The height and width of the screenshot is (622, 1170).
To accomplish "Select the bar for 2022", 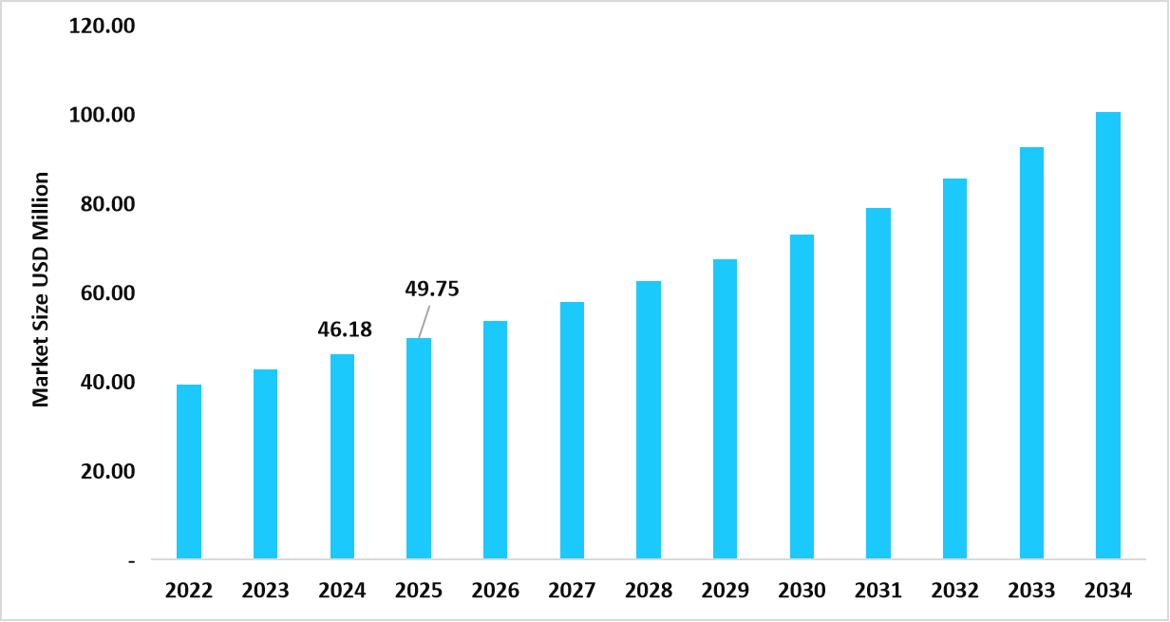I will coord(189,472).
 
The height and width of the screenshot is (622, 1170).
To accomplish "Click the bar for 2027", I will coord(572,430).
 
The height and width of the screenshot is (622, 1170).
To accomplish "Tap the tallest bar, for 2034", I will coord(1107,335).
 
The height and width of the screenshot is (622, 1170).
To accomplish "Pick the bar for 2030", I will coord(802,397).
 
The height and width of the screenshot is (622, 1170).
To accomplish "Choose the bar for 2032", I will coord(954,368).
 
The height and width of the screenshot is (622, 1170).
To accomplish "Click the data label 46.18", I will coord(344,330).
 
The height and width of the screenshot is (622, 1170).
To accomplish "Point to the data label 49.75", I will coord(432,289).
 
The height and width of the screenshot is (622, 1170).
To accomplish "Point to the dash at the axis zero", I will coord(131,561).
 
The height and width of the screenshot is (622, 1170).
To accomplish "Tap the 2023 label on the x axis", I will coord(266,591).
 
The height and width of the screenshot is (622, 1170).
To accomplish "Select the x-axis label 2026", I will coord(496,591).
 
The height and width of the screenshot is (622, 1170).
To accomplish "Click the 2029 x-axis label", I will coord(725,591).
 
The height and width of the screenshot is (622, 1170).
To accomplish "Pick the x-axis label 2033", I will coord(1031,591).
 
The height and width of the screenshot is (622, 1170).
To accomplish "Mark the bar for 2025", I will coord(419,448).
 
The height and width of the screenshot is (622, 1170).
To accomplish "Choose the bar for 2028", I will coord(649,420).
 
